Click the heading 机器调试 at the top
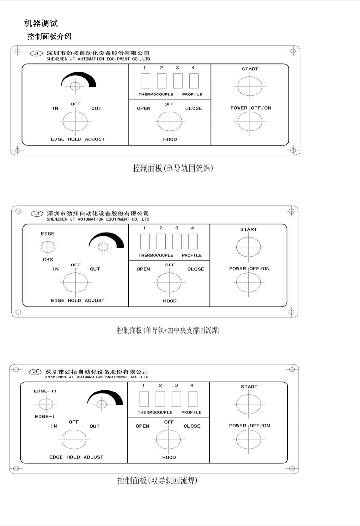(x=41, y=24)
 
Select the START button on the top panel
(x=250, y=86)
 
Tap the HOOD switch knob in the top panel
(x=170, y=122)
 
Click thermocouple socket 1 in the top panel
(x=145, y=81)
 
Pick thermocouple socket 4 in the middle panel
(x=193, y=242)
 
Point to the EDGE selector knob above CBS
(x=48, y=247)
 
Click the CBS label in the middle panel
(x=48, y=260)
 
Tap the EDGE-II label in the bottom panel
(x=45, y=391)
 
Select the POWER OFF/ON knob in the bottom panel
(x=249, y=440)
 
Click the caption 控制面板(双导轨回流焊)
(x=157, y=481)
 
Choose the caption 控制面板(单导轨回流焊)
(x=173, y=168)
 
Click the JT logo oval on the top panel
(x=36, y=54)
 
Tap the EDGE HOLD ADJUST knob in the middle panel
(x=75, y=283)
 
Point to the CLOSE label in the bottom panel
(x=192, y=426)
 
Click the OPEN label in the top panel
(x=144, y=109)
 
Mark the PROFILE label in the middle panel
(x=192, y=255)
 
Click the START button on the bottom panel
(x=249, y=404)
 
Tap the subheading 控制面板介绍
(x=49, y=36)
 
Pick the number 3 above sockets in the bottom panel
(x=176, y=385)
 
